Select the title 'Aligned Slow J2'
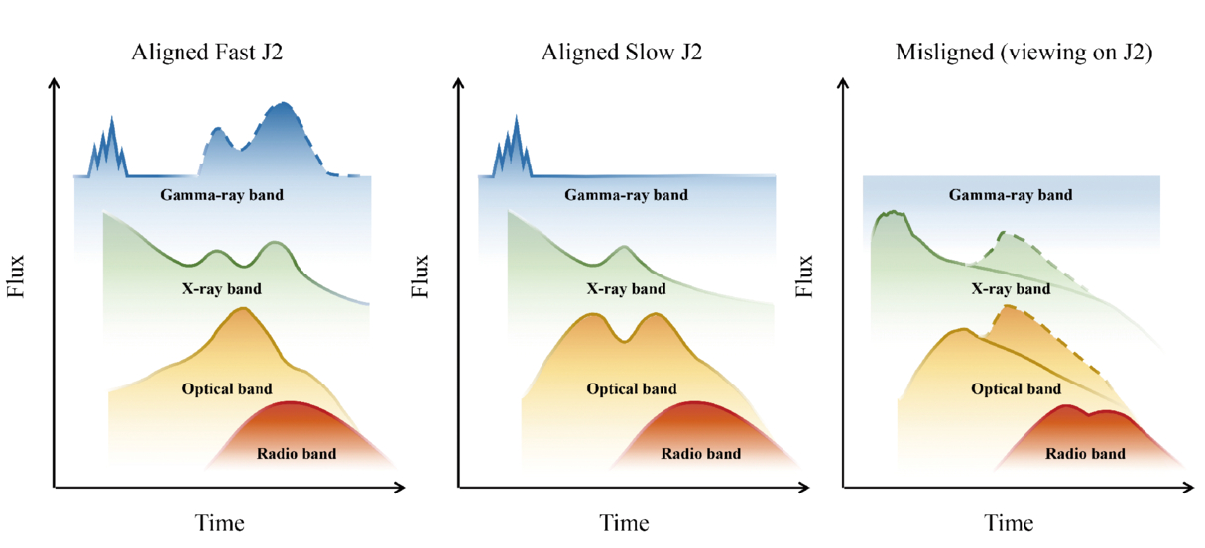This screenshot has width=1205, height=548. (622, 54)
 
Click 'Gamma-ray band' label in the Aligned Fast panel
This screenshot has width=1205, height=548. (221, 195)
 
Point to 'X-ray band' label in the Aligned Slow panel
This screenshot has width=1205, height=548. (626, 290)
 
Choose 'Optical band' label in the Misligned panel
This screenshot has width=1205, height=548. (1017, 389)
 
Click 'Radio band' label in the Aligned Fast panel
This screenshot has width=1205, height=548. (297, 455)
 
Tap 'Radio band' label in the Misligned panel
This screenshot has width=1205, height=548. (1085, 454)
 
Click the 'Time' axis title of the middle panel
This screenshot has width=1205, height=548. (625, 523)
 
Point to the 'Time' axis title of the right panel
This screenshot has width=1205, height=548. (1009, 523)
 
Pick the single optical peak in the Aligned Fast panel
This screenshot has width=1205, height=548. (241, 309)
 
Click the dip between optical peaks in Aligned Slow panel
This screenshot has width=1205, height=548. (624, 340)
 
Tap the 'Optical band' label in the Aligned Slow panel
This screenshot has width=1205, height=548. (631, 389)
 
